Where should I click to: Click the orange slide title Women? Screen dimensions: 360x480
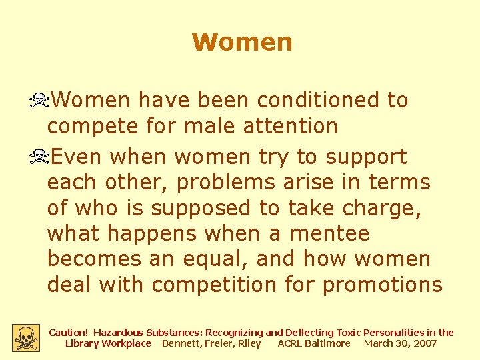coord(242,42)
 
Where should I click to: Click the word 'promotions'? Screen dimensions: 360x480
coord(382,285)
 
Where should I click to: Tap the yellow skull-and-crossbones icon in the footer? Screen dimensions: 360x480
coord(26,337)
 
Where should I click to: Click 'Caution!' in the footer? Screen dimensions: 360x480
coord(69,332)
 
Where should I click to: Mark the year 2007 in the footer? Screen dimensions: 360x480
coord(425,343)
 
